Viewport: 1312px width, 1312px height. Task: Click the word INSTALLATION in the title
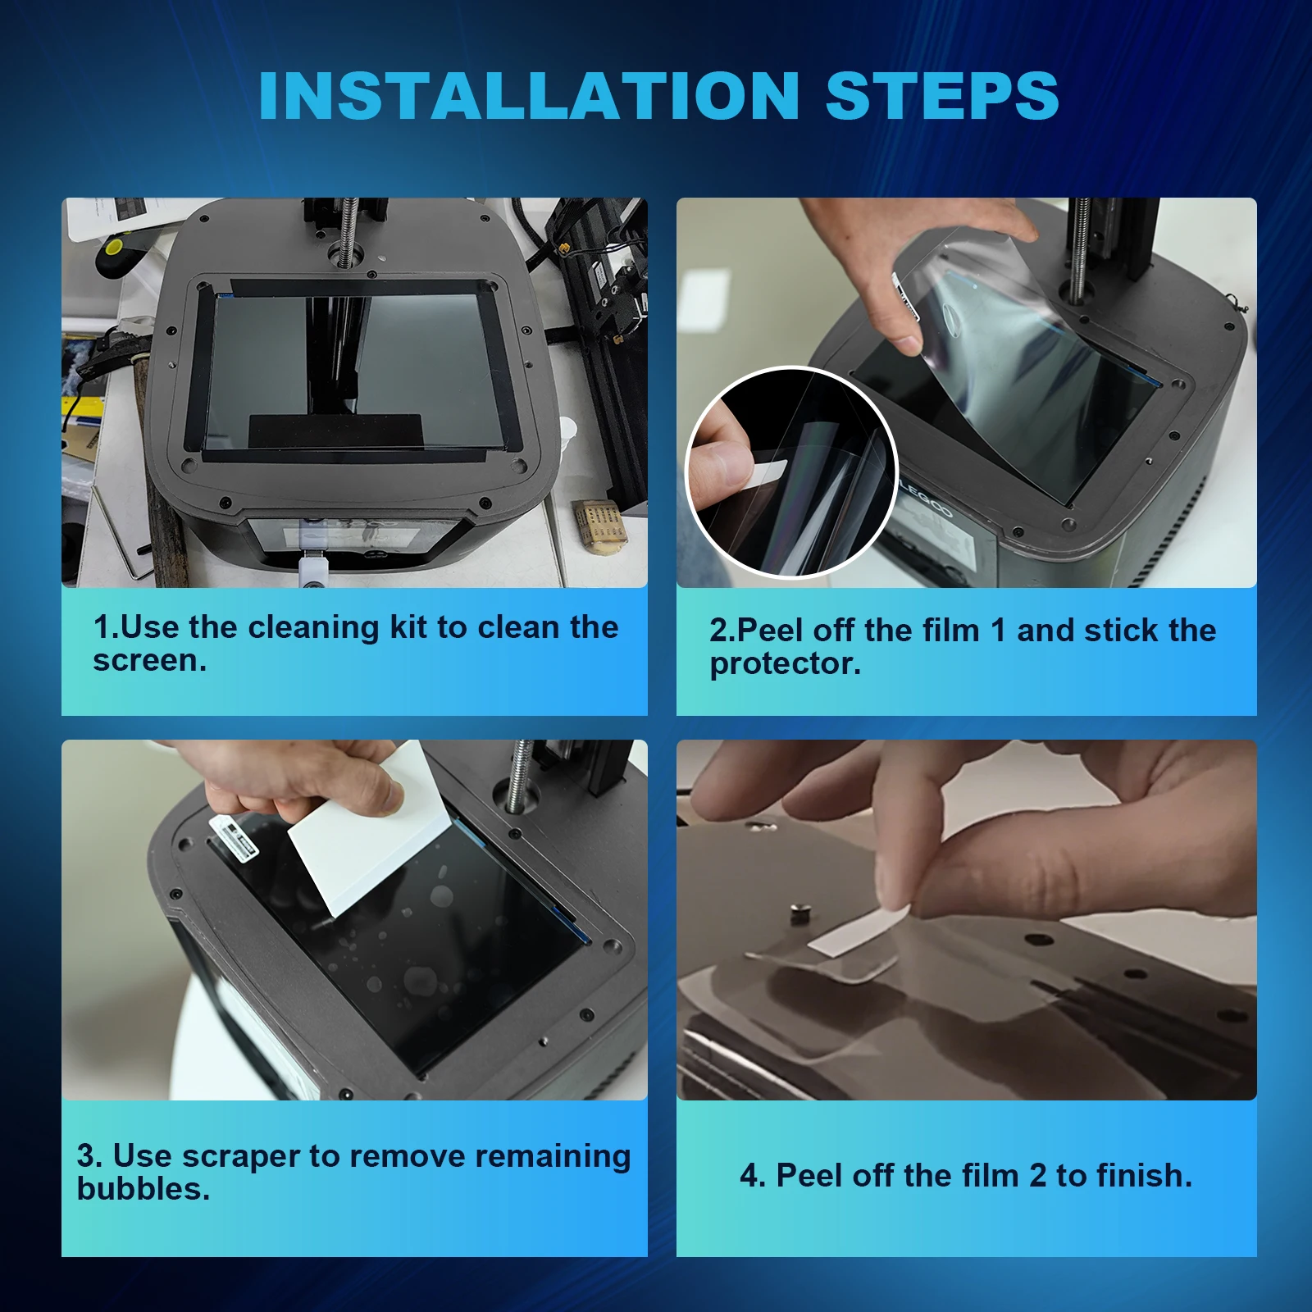(529, 96)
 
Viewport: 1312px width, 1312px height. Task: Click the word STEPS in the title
(942, 96)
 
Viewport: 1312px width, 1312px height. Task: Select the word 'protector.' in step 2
(786, 664)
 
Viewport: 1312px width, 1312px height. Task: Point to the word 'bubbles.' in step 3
(143, 1189)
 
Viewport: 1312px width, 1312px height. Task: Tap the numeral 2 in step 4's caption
(1037, 1176)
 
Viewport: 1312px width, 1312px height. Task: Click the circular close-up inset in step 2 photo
(791, 472)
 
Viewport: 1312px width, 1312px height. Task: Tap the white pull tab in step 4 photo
(859, 931)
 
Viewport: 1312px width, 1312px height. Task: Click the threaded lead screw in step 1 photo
(348, 233)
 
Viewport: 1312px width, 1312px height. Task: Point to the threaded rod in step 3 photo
(518, 776)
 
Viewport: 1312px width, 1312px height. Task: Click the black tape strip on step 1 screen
(335, 430)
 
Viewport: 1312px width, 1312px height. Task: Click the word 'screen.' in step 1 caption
(150, 661)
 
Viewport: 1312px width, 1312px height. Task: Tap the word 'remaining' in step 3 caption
(553, 1157)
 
